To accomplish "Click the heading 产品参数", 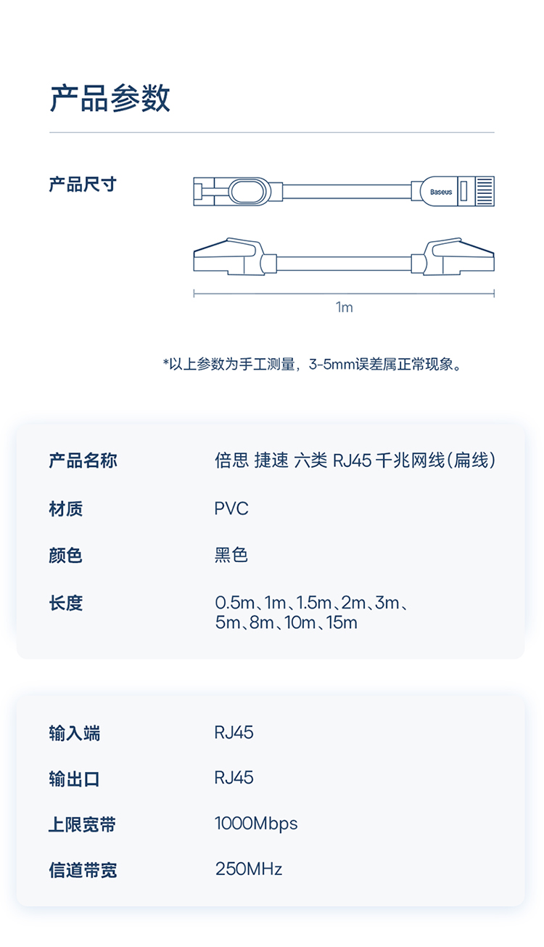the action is pyautogui.click(x=110, y=98).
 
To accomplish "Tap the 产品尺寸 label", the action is pyautogui.click(x=82, y=184).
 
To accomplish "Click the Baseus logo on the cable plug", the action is pyautogui.click(x=440, y=192).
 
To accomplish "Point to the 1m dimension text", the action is pyautogui.click(x=345, y=307).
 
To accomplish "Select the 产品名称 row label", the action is pyautogui.click(x=83, y=460).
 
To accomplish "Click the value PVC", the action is pyautogui.click(x=231, y=508).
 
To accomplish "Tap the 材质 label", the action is pyautogui.click(x=65, y=508).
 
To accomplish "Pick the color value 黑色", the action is pyautogui.click(x=231, y=556).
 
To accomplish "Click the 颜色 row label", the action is pyautogui.click(x=65, y=556).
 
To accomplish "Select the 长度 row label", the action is pyautogui.click(x=65, y=603).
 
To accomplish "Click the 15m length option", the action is pyautogui.click(x=342, y=623).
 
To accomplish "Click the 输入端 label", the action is pyautogui.click(x=74, y=733).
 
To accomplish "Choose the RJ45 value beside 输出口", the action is pyautogui.click(x=234, y=778).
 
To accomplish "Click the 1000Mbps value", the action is pyautogui.click(x=256, y=824).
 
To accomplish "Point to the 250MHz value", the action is pyautogui.click(x=249, y=869).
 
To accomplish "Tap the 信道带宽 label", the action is pyautogui.click(x=83, y=870).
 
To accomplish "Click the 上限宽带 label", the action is pyautogui.click(x=83, y=825).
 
